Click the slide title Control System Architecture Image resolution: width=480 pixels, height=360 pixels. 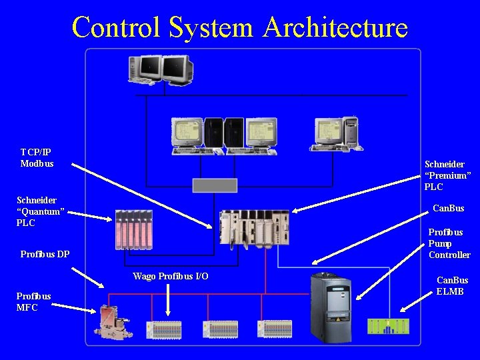(x=239, y=27)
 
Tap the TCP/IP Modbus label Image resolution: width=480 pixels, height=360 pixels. (x=37, y=158)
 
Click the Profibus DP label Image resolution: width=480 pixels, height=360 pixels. (x=45, y=254)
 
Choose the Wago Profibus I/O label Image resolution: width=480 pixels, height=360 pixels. (x=170, y=276)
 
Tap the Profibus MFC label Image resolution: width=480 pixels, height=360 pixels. (x=33, y=301)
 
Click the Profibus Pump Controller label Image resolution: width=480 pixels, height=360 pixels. (x=449, y=243)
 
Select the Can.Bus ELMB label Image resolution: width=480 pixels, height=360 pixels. (x=452, y=285)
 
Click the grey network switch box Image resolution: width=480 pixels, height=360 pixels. (x=215, y=185)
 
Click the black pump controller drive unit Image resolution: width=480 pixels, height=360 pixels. (x=331, y=307)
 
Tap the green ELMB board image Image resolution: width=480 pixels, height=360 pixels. (x=388, y=326)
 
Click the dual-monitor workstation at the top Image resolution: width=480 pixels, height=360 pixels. (x=161, y=70)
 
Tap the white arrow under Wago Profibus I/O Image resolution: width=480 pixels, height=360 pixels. (x=168, y=301)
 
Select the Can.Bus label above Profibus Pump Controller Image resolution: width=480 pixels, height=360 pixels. (x=448, y=209)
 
